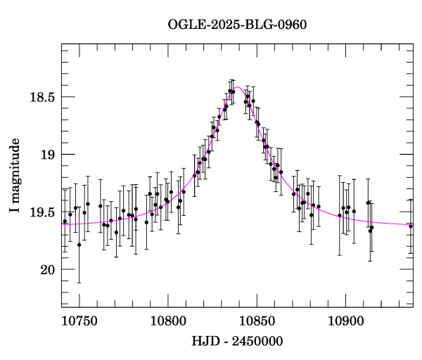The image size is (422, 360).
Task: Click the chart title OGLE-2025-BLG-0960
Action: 237,25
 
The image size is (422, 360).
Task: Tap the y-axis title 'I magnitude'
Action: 15,176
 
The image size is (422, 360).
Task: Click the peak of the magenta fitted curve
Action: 238,87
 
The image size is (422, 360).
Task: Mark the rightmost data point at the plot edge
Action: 411,226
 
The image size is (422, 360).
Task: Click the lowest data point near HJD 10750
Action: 79,245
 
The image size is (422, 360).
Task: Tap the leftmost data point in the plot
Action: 65,221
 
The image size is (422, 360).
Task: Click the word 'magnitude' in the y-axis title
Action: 15,169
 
